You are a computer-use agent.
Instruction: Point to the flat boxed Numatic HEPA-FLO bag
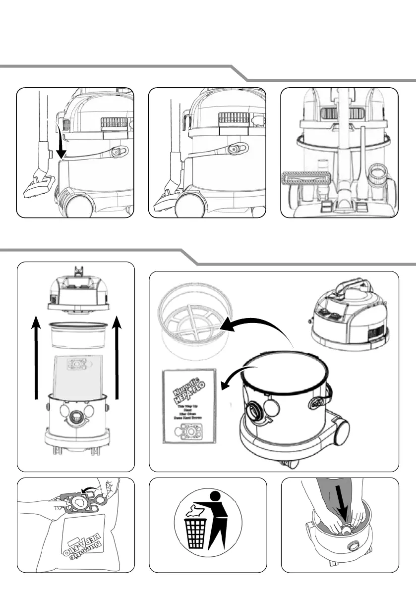(x=189, y=406)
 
